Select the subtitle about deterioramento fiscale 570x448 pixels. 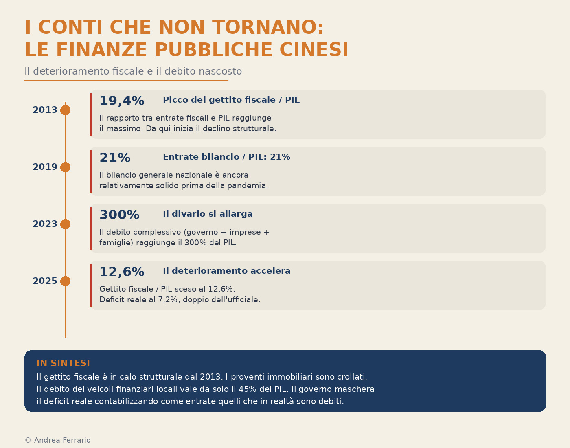point(133,72)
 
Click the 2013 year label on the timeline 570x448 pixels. point(45,110)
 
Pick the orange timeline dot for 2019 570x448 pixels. point(65,167)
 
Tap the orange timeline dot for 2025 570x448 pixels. point(65,281)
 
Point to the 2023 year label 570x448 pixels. point(45,224)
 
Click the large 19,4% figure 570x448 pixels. point(122,101)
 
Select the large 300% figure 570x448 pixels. point(119,215)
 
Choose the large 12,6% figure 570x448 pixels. point(122,272)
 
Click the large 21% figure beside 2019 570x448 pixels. point(115,158)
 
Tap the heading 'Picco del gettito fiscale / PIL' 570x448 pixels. point(231,100)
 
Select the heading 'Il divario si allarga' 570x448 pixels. point(208,214)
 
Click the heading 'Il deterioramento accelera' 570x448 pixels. point(226,271)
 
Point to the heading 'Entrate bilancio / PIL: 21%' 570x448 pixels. point(226,157)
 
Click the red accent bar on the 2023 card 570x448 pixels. point(91,228)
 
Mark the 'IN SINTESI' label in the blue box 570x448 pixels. point(63,363)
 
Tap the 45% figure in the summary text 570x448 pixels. point(248,389)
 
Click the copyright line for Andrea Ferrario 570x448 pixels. point(58,440)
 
